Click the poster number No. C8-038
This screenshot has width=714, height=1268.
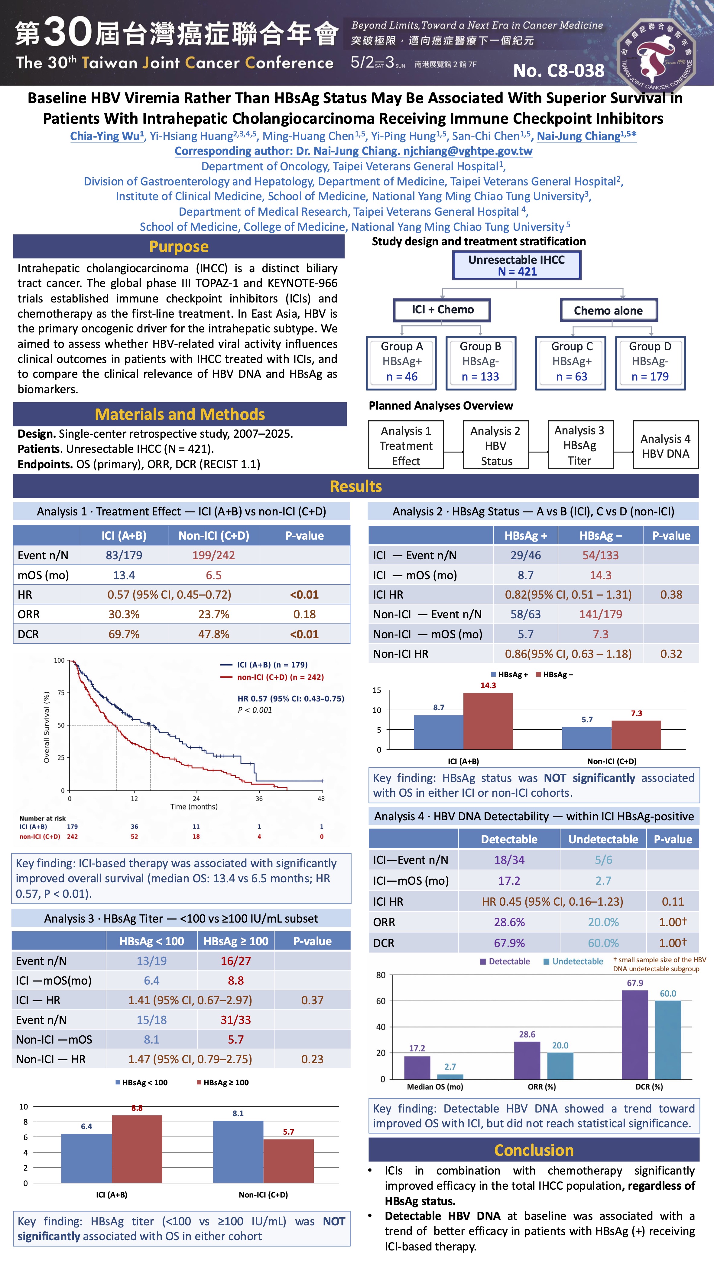pyautogui.click(x=559, y=71)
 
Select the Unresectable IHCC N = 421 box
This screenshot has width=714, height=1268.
pyautogui.click(x=516, y=265)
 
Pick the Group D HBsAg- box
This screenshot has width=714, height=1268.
pyautogui.click(x=650, y=362)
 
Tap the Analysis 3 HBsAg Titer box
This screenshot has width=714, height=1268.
pyautogui.click(x=580, y=445)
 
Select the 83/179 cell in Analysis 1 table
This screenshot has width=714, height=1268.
pyautogui.click(x=124, y=555)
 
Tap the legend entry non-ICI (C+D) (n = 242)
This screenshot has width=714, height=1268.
pyautogui.click(x=280, y=677)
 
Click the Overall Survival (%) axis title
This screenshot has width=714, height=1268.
pyautogui.click(x=47, y=727)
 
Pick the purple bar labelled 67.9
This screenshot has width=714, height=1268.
pyautogui.click(x=635, y=1034)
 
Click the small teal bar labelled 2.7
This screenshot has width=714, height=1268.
pyautogui.click(x=450, y=1077)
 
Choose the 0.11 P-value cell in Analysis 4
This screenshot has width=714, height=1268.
pyautogui.click(x=672, y=901)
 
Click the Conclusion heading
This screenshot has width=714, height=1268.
pyautogui.click(x=534, y=1150)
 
